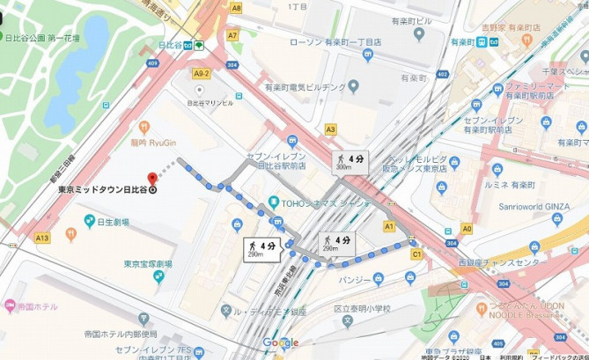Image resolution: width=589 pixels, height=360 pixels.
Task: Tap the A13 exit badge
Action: (x=42, y=238)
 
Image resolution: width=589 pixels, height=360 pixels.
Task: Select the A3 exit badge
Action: (x=330, y=129)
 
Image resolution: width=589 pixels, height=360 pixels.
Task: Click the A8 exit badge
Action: (x=236, y=7)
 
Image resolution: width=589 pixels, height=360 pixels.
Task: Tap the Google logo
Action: (x=280, y=342)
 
